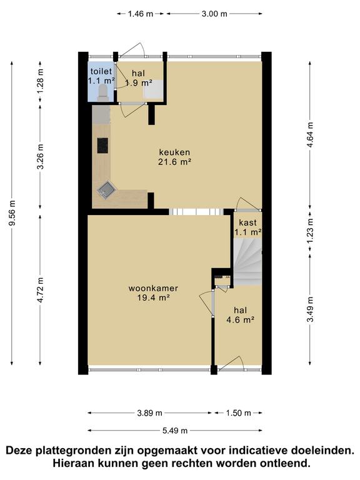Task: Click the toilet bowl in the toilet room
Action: [102, 92]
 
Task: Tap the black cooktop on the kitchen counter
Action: [102, 146]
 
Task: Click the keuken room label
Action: [174, 152]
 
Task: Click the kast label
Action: [247, 222]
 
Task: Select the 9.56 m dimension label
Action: [12, 213]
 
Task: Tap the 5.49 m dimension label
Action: [175, 431]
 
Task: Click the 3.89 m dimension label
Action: [149, 413]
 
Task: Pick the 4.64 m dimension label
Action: [311, 135]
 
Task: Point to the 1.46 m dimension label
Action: [141, 14]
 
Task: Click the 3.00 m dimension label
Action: [214, 14]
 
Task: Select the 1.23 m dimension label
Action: [311, 231]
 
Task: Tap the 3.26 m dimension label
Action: [41, 156]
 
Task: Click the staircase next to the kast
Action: [247, 262]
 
